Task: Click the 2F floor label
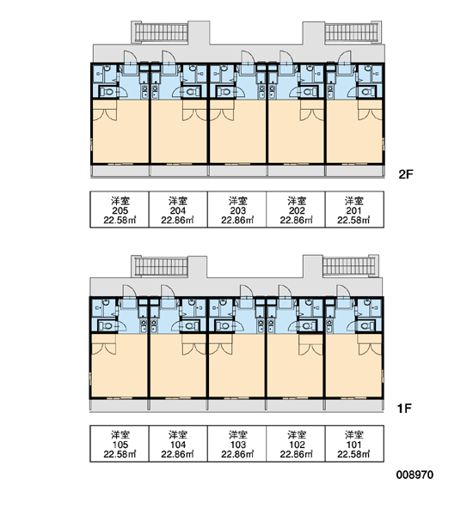(406, 174)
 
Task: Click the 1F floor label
(404, 409)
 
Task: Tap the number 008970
(415, 475)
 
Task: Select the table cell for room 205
(120, 209)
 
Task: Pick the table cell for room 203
(237, 209)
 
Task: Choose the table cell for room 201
(354, 209)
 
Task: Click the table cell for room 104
(178, 444)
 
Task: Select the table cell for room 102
(296, 444)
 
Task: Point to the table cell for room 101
(354, 444)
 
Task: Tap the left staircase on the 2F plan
(161, 33)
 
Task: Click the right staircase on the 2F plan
(352, 33)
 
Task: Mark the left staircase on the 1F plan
(161, 266)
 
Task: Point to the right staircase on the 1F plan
(349, 266)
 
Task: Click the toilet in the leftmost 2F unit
(106, 92)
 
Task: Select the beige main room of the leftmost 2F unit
(120, 131)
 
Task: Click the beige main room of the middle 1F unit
(236, 366)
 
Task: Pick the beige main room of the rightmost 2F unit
(354, 131)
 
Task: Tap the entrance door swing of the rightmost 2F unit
(344, 58)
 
